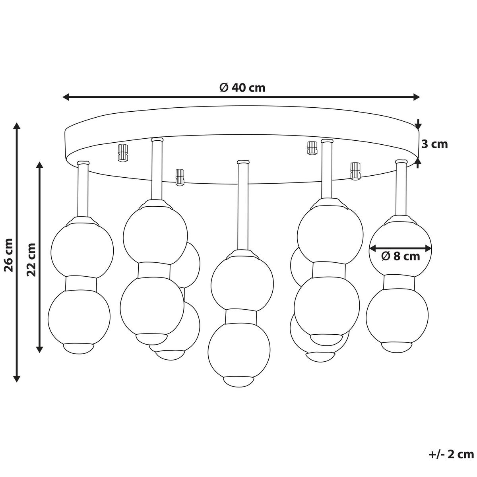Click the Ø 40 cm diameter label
point(242,87)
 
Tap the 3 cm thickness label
point(434,144)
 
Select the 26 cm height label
point(9,255)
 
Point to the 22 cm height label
point(31,260)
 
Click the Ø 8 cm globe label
point(401,256)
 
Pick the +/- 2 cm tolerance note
point(451,454)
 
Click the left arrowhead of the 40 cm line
point(65,97)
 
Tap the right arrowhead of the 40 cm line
point(417,97)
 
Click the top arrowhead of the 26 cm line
point(17,125)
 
